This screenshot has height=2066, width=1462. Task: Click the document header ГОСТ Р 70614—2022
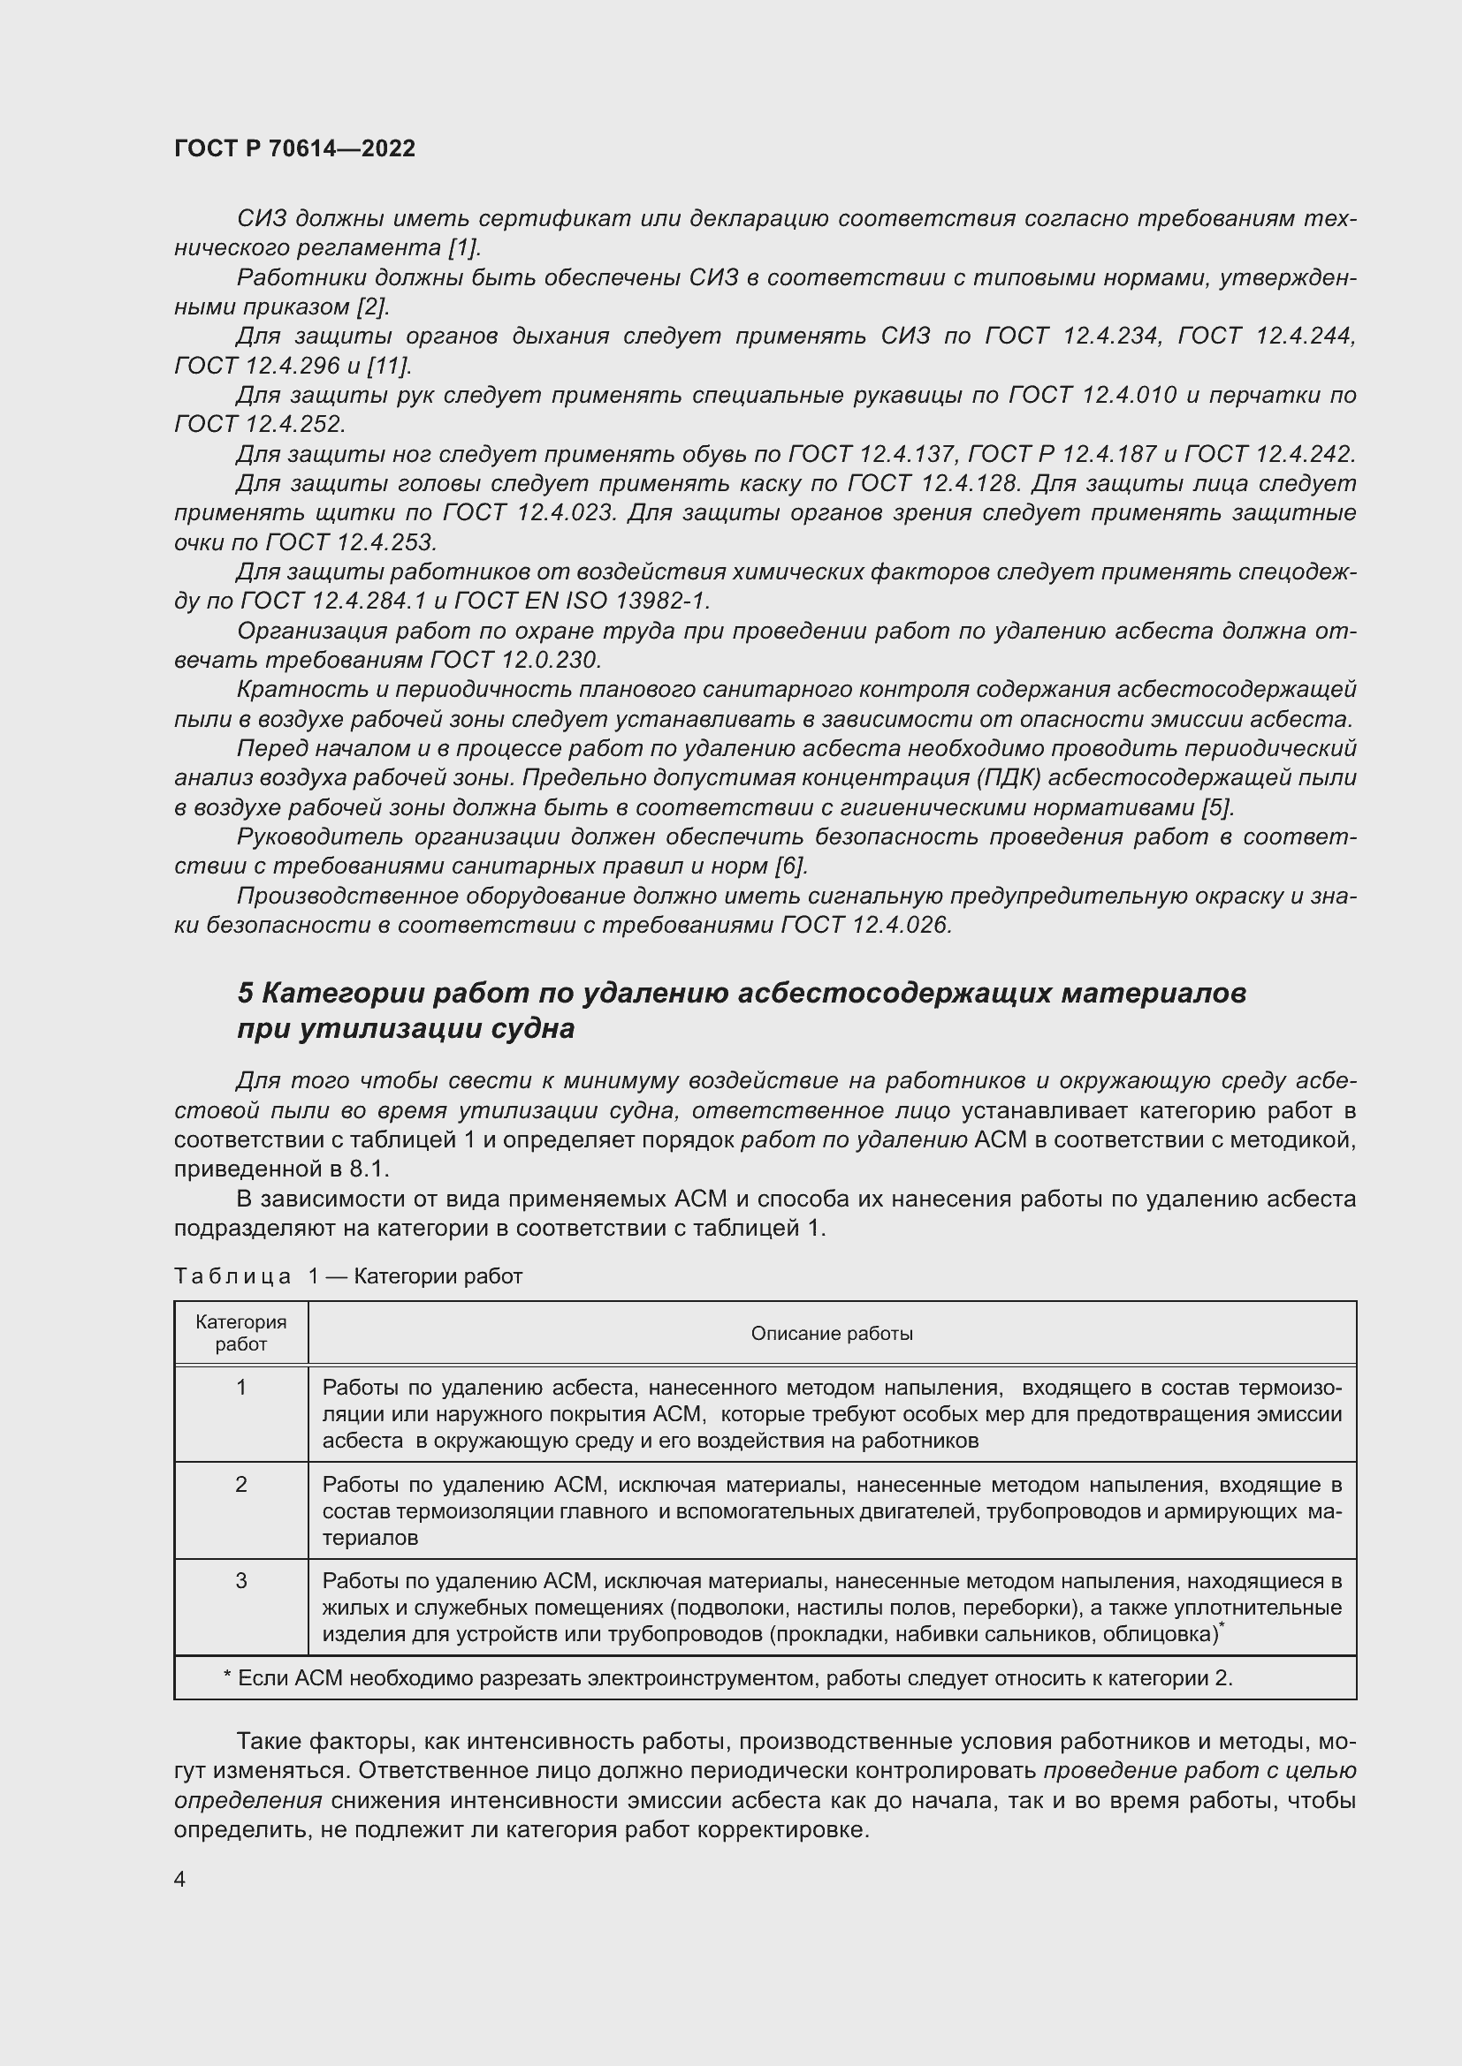point(294,148)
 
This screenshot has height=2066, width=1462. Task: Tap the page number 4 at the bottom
point(180,1879)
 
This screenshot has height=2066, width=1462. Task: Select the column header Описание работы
point(831,1334)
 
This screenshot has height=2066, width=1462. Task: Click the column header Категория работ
point(240,1333)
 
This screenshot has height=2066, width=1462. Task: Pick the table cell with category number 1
point(240,1388)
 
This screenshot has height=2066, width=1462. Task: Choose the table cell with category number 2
point(240,1485)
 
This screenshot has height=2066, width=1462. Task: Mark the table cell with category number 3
point(240,1581)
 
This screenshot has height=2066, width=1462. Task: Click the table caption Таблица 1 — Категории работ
point(347,1276)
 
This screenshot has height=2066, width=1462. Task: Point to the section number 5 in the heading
point(246,994)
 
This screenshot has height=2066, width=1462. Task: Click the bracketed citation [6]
point(790,867)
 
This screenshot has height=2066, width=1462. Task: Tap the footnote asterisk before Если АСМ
point(227,1678)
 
